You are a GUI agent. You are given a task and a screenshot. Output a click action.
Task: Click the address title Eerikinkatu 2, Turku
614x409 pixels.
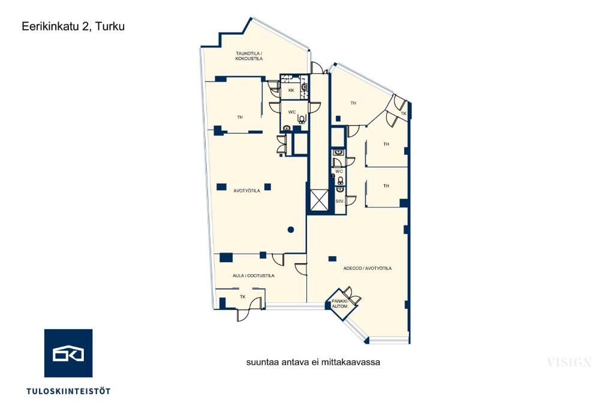click(x=73, y=26)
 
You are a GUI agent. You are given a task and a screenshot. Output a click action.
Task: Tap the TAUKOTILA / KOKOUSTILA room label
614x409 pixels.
click(x=249, y=56)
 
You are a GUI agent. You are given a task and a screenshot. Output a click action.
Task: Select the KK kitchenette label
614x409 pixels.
click(x=291, y=91)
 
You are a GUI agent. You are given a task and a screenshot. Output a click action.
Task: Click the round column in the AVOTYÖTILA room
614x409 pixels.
click(x=291, y=230)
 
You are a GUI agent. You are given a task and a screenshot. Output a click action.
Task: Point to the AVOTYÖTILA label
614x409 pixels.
click(x=246, y=191)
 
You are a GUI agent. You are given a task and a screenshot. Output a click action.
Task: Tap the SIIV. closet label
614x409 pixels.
click(x=339, y=202)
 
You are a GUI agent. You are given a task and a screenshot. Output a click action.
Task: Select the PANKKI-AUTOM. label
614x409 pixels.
click(x=339, y=303)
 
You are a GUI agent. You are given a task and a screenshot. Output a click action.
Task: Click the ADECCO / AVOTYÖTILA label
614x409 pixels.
click(x=368, y=268)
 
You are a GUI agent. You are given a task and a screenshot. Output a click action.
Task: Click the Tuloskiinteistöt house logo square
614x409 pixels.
click(x=68, y=353)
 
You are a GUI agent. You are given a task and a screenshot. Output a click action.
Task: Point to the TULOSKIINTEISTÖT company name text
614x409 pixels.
click(x=68, y=391)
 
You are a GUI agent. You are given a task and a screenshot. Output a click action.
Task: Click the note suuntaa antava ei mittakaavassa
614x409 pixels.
click(x=313, y=362)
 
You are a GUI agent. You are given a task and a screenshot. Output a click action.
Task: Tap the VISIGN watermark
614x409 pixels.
click(x=569, y=362)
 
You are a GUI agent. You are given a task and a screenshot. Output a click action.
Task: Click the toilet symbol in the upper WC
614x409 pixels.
click(x=302, y=118)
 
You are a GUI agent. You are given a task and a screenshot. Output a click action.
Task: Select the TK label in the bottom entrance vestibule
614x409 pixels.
click(x=243, y=297)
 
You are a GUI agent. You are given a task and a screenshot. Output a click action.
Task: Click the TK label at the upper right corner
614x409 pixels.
click(x=404, y=113)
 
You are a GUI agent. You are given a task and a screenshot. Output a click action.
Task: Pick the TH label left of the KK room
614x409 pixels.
click(x=240, y=117)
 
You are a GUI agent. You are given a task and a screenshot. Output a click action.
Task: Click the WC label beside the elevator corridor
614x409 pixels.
click(x=339, y=172)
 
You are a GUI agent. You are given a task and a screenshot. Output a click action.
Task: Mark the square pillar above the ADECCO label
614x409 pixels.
click(x=332, y=258)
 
